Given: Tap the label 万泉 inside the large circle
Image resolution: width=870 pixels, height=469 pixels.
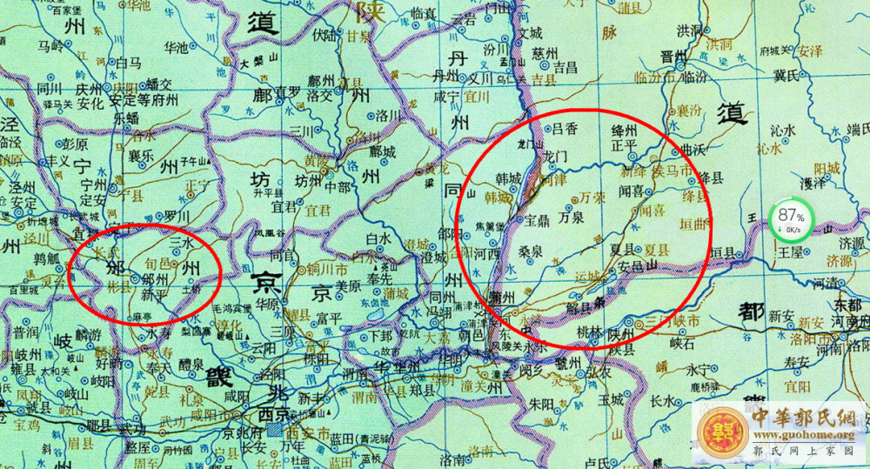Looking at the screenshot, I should tap(572, 218).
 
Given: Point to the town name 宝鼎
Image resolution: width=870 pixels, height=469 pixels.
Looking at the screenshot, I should tap(538, 220).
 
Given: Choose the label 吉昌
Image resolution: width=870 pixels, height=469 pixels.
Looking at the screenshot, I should tap(565, 66).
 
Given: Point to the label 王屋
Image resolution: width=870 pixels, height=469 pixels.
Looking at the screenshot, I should tap(790, 251).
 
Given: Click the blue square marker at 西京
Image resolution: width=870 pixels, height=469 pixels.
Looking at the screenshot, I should tap(275, 430).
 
